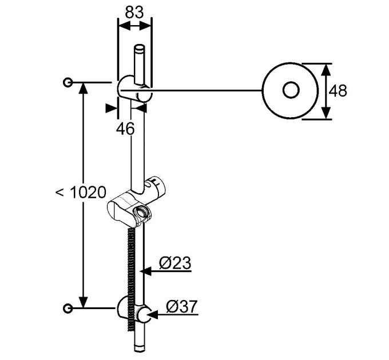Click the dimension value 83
134,12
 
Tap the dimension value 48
338,91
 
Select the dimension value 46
125,129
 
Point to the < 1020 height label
81,192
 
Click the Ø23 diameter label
175,263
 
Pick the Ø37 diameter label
182,306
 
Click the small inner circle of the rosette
291,90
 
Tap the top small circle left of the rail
68,82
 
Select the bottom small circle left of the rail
68,309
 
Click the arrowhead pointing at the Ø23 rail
146,271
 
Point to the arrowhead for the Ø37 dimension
153,315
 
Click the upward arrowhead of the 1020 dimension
84,88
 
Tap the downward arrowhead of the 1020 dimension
84,302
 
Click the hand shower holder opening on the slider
141,213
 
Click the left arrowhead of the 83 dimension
124,26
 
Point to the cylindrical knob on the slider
156,186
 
